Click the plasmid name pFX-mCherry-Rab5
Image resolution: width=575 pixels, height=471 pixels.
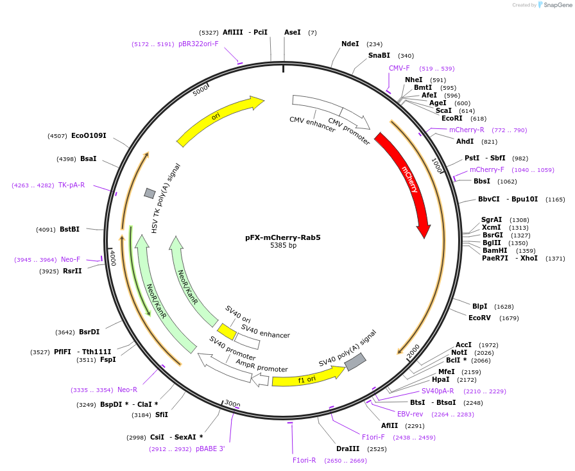(x=282, y=237)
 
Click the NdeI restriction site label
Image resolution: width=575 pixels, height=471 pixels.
(x=350, y=44)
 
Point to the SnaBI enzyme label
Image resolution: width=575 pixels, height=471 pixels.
(x=379, y=56)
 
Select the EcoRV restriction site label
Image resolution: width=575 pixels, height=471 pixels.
(x=479, y=318)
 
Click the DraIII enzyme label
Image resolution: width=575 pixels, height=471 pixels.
(x=347, y=449)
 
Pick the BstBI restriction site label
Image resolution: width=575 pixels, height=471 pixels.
(x=69, y=229)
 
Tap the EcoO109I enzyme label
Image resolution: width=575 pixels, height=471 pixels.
(x=89, y=135)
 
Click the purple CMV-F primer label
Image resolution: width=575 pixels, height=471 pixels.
(x=399, y=68)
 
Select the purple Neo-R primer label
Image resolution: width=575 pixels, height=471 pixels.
(x=127, y=390)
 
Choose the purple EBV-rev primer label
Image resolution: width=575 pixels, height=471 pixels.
(x=410, y=414)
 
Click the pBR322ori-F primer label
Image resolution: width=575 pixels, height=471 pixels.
(x=198, y=44)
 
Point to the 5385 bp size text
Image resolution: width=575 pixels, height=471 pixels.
(x=283, y=246)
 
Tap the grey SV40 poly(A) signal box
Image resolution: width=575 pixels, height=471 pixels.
(x=355, y=362)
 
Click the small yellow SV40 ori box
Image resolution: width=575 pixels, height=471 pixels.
(x=226, y=331)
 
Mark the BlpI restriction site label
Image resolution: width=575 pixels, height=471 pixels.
(x=479, y=306)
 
